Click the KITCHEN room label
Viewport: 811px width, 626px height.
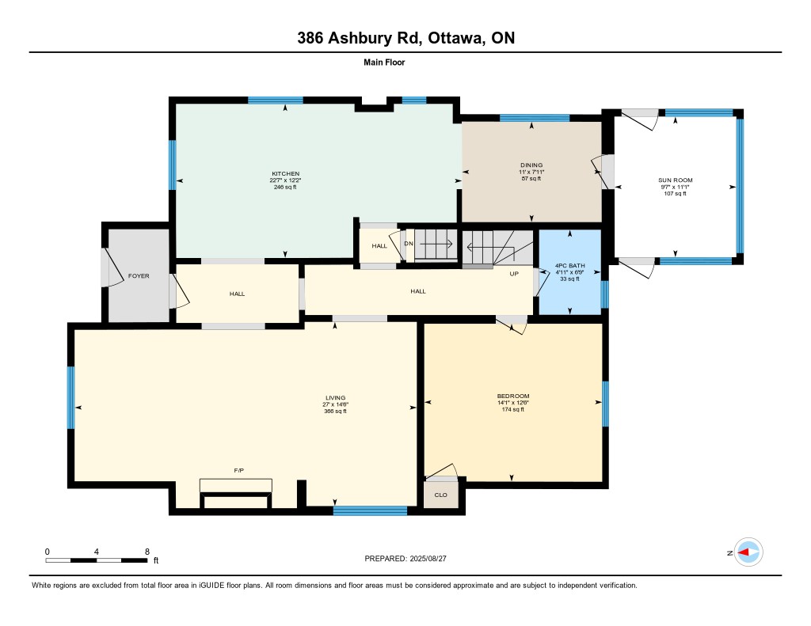pyautogui.click(x=285, y=173)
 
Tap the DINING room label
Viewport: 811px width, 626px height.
pyautogui.click(x=531, y=165)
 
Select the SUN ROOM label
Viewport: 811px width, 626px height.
pyautogui.click(x=675, y=180)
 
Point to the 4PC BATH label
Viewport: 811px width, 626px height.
pyautogui.click(x=570, y=266)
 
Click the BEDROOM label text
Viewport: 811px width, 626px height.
pyautogui.click(x=513, y=396)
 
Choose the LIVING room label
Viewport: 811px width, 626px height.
pyautogui.click(x=335, y=398)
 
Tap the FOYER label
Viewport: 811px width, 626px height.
pyautogui.click(x=139, y=276)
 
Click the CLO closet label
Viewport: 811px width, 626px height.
pyautogui.click(x=440, y=495)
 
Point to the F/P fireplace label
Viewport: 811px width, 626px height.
pyautogui.click(x=239, y=470)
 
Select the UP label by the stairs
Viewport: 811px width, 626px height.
pyautogui.click(x=514, y=274)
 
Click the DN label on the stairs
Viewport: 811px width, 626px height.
pyautogui.click(x=409, y=244)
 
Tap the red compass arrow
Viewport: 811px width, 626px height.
pyautogui.click(x=743, y=552)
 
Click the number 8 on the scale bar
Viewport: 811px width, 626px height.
pyautogui.click(x=147, y=552)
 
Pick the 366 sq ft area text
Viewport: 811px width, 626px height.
pyautogui.click(x=335, y=412)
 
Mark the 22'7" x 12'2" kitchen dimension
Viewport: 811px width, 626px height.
pyautogui.click(x=285, y=180)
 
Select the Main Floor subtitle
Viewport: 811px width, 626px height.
pyautogui.click(x=384, y=63)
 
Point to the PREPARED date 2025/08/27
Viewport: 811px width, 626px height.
pyautogui.click(x=428, y=559)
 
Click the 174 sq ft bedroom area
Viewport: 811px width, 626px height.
pyautogui.click(x=513, y=409)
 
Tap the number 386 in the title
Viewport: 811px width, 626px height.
pyautogui.click(x=310, y=38)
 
